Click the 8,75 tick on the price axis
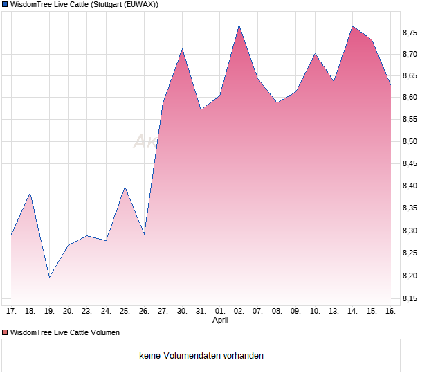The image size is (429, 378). coord(410,33)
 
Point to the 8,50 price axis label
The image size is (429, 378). coord(410,142)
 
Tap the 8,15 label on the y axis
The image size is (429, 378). coord(410,299)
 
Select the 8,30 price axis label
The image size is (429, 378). coord(410,231)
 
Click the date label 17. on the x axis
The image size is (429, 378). coord(11,312)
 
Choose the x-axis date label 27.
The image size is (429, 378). coord(163,312)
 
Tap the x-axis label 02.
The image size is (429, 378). coord(239,312)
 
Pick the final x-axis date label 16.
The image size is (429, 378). coord(390,312)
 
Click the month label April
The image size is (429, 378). coord(220,321)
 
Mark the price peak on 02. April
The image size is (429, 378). coord(239,26)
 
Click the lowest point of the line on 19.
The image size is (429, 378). coord(49,277)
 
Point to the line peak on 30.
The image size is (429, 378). coord(182,49)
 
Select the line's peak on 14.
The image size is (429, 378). coord(352,26)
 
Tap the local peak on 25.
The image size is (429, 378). coord(125,186)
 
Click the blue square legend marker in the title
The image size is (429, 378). coord(5,5)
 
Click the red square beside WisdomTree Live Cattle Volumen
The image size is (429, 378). coord(5,332)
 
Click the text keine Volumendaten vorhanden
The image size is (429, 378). coord(201,356)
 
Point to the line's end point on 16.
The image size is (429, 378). coord(390,84)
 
